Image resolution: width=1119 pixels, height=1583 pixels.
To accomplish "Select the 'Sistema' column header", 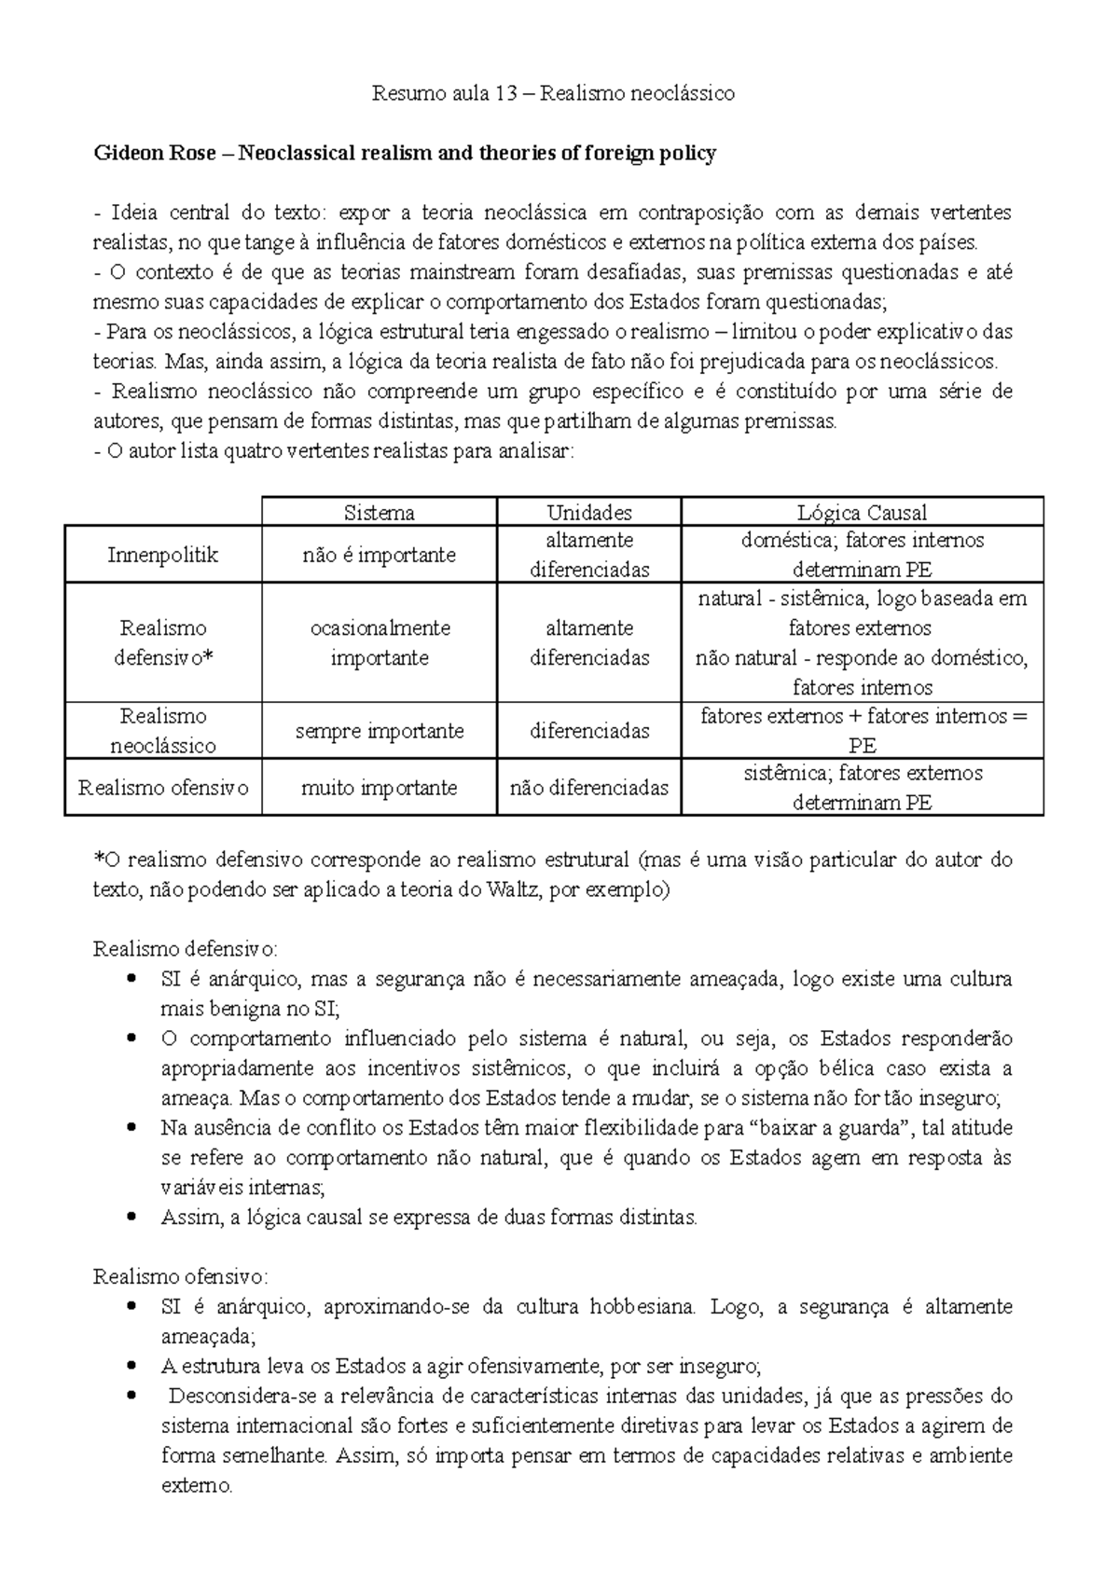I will [379, 512].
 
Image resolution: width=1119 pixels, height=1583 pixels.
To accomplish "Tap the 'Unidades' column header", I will [588, 512].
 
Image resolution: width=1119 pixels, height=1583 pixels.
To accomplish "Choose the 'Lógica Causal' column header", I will [862, 512].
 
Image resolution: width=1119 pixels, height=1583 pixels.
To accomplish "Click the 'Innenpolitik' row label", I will [162, 555].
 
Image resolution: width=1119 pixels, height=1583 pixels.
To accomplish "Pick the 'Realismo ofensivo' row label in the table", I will [162, 788].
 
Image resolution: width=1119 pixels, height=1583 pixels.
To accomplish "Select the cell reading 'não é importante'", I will [379, 555].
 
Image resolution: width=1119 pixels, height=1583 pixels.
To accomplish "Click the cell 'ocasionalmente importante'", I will [379, 642].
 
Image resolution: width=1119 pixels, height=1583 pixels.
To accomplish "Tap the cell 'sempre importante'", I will [379, 731].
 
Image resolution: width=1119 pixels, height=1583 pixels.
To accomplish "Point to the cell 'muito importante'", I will [379, 788].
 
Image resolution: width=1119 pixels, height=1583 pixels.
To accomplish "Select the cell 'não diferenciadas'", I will [588, 788].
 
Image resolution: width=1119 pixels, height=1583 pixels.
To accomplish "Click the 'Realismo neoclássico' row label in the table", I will [162, 731].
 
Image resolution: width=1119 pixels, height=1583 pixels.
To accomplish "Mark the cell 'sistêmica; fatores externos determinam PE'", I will [862, 788].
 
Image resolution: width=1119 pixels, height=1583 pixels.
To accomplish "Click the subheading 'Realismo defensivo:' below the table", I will [185, 949].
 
